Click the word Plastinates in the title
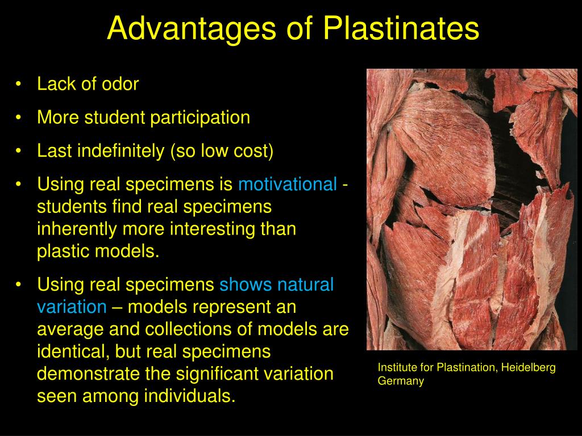point(401,28)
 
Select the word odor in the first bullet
point(120,84)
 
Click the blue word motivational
point(288,185)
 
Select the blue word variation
point(72,307)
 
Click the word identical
point(72,351)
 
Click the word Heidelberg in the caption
point(529,368)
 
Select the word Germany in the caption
point(401,381)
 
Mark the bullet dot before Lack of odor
point(20,85)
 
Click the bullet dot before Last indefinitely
point(20,152)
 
